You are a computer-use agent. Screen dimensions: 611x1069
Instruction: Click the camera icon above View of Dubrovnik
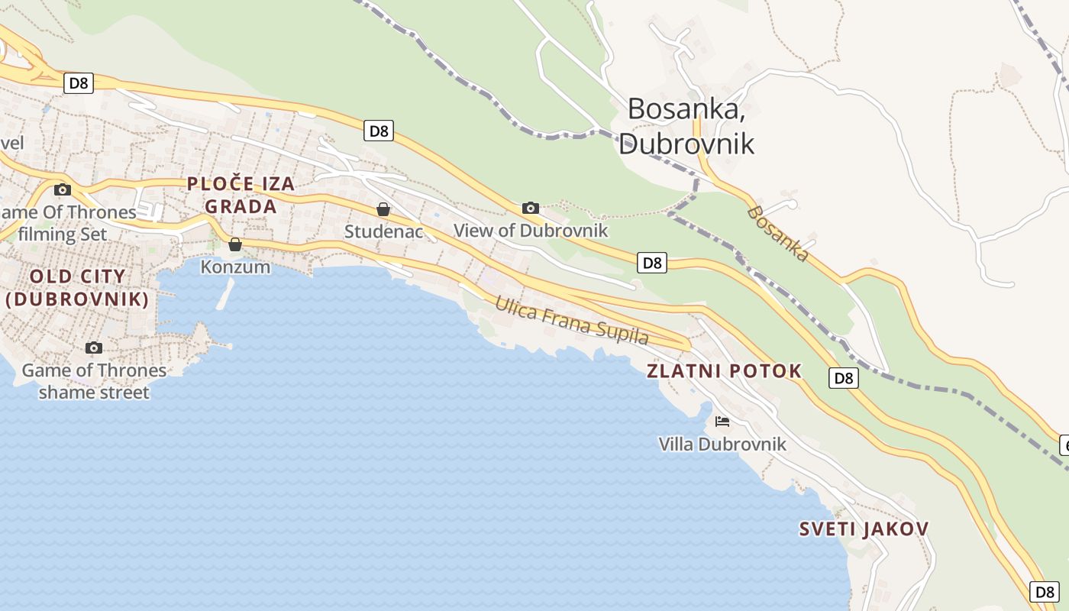tap(530, 208)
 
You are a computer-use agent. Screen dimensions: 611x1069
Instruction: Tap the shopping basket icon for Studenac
tap(383, 209)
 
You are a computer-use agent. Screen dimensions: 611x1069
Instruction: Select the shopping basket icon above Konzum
tap(235, 244)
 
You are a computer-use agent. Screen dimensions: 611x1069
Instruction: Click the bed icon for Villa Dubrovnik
tap(722, 421)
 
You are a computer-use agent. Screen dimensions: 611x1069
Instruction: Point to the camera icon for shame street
tap(94, 348)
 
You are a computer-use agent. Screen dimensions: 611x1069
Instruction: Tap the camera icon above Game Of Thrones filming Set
tap(63, 189)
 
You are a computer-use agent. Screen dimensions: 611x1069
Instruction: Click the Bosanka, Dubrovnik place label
tap(686, 126)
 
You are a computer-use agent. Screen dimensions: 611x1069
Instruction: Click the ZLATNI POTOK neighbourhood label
tap(724, 371)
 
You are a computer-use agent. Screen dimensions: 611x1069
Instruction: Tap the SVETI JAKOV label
tap(864, 529)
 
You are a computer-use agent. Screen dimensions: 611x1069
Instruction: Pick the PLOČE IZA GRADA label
tap(241, 195)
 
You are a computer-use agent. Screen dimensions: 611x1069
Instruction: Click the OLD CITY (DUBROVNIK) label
tap(78, 287)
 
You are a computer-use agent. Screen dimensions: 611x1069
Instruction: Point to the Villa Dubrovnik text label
tap(722, 444)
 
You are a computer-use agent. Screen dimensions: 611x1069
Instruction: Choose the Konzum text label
tap(235, 267)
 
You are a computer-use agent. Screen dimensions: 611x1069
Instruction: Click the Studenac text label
tap(383, 231)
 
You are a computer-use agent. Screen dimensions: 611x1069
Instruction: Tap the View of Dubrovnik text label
tap(531, 230)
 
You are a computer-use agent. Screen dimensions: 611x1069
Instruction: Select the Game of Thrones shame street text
tap(94, 381)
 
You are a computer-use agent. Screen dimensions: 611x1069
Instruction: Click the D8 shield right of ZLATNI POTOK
tap(844, 377)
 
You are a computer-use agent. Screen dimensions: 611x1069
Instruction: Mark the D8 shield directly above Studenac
tap(379, 131)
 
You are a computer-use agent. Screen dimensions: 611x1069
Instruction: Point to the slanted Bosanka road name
tap(777, 233)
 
